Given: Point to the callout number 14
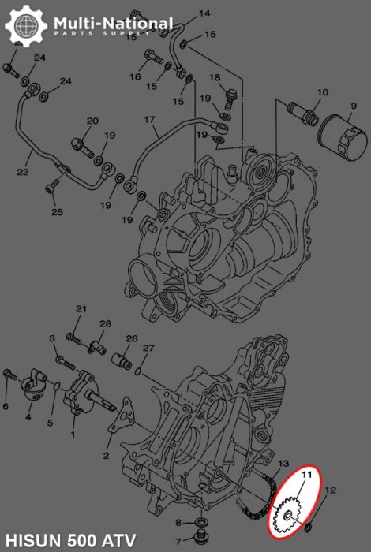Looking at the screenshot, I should (204, 13).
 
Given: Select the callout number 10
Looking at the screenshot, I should (321, 92).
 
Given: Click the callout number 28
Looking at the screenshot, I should (105, 323).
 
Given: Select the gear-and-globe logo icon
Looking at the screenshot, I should (24, 26).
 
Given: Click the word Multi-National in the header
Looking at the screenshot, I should (112, 22).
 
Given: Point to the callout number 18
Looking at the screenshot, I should (215, 77).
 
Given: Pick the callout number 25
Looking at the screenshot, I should (57, 211).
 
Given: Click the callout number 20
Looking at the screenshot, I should (92, 121).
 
